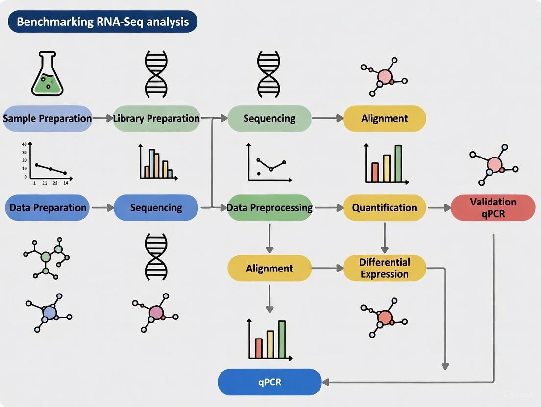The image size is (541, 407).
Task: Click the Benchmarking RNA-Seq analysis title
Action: click(x=102, y=22)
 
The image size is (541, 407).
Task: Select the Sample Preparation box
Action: click(x=48, y=118)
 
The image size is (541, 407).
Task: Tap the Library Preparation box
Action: click(x=156, y=118)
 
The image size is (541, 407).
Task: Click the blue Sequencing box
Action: click(x=156, y=208)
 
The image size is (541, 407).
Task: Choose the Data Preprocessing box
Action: click(x=270, y=208)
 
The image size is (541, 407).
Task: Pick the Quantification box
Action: click(x=384, y=208)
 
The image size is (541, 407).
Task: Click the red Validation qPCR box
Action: click(x=493, y=207)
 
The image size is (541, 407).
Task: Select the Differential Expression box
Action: click(x=384, y=268)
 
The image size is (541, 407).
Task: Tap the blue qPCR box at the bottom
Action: click(x=270, y=382)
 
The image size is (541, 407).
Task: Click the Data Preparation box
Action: click(x=48, y=208)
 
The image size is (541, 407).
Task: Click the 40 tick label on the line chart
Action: click(x=23, y=144)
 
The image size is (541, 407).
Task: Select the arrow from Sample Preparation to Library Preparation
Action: click(x=102, y=118)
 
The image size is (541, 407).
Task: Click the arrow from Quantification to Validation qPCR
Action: click(x=439, y=208)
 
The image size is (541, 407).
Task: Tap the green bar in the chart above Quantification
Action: click(x=398, y=163)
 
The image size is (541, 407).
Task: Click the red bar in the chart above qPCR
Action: click(x=259, y=348)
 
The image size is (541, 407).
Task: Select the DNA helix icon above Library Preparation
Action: click(x=156, y=75)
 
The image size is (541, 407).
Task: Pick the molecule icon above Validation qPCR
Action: click(x=494, y=164)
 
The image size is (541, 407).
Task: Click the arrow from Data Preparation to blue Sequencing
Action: click(x=102, y=208)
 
